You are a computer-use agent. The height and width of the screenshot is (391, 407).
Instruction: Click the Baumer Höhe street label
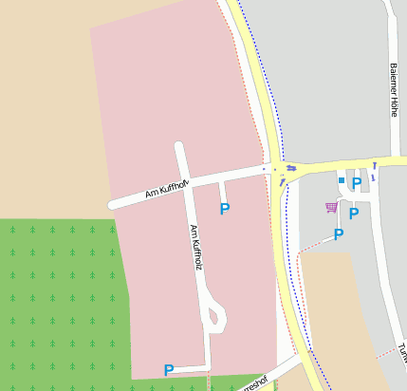394,90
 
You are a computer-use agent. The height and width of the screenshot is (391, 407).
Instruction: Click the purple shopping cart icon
331,207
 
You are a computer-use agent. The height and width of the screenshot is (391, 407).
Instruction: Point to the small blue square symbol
342,180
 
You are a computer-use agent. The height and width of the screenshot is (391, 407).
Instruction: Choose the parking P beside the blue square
357,183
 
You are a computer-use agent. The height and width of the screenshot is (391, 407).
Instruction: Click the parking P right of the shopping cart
354,214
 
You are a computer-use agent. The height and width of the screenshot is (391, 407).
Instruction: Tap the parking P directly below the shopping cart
339,234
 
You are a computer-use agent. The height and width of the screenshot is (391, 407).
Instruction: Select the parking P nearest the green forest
169,370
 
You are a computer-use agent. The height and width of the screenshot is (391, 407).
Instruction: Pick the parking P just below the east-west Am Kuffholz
225,209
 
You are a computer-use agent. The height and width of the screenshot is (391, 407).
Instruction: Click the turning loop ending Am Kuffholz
215,315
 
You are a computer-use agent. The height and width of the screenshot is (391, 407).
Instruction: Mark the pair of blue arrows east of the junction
290,168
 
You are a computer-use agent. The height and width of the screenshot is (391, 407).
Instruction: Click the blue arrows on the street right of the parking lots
374,173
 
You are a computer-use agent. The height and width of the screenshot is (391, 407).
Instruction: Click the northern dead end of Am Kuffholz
178,147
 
